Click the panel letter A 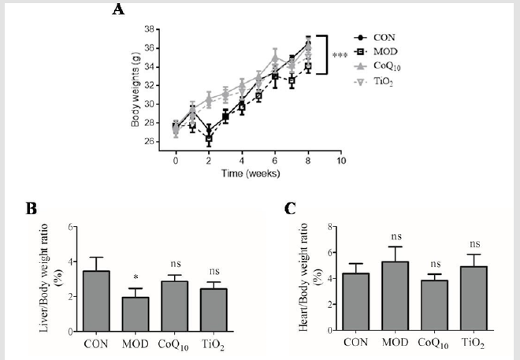[x=119, y=9]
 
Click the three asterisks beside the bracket [x=340, y=55]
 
